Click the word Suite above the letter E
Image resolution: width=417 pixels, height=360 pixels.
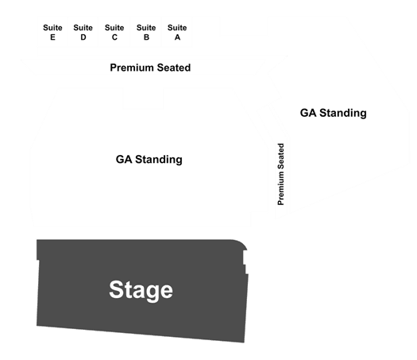click(52, 28)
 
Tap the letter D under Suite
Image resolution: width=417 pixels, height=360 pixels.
click(83, 37)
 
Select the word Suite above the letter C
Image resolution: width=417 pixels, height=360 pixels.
click(114, 28)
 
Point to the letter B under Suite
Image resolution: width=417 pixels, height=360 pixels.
click(146, 37)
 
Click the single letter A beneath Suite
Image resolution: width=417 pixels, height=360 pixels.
click(177, 37)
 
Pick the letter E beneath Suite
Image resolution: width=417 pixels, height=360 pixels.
click(52, 37)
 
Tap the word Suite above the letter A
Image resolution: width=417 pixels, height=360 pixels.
click(177, 28)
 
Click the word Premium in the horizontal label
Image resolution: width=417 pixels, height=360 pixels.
click(132, 68)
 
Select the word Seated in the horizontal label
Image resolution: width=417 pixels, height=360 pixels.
click(174, 68)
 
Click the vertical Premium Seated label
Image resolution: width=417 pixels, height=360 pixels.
click(281, 174)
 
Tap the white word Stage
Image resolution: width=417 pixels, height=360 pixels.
click(141, 290)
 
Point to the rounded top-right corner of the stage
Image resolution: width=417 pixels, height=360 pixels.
click(243, 243)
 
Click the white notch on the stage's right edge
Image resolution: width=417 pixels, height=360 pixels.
click(245, 262)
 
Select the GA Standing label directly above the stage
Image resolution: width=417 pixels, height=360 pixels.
click(149, 160)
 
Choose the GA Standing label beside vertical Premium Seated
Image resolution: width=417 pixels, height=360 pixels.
click(334, 113)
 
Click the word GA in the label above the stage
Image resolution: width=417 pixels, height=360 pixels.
click(124, 160)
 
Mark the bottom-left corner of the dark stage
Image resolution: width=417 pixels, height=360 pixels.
click(37, 325)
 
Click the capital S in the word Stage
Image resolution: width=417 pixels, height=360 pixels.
click(118, 290)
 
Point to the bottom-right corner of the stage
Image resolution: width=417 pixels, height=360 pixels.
click(244, 343)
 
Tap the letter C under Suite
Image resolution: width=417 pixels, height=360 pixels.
click(114, 37)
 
